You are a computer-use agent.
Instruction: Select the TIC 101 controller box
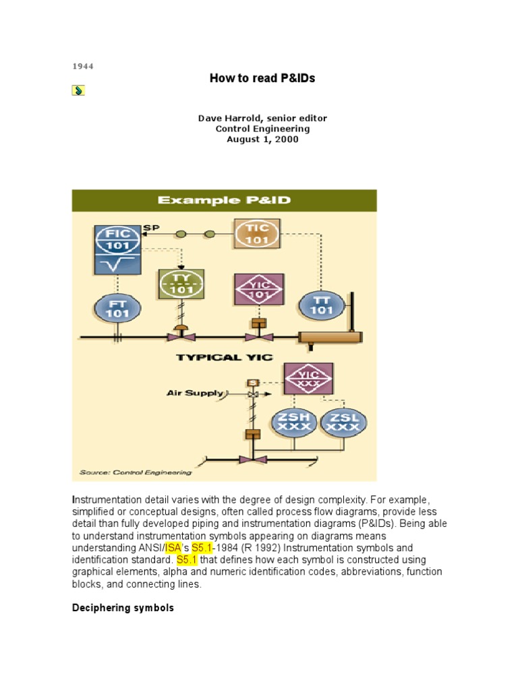[x=256, y=233]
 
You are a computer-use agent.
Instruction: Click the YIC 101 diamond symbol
[x=257, y=289]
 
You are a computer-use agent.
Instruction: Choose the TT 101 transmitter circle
[x=322, y=304]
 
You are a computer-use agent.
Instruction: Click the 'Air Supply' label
[x=195, y=392]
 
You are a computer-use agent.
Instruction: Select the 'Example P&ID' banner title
[x=224, y=200]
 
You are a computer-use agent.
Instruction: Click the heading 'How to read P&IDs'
[x=262, y=79]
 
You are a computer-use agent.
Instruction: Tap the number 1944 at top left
[x=83, y=66]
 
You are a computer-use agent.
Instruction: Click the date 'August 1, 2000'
[x=262, y=139]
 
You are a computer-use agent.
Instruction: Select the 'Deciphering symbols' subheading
[x=123, y=608]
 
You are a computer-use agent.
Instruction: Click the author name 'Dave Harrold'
[x=227, y=118]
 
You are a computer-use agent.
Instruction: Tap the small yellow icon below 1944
[x=78, y=90]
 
